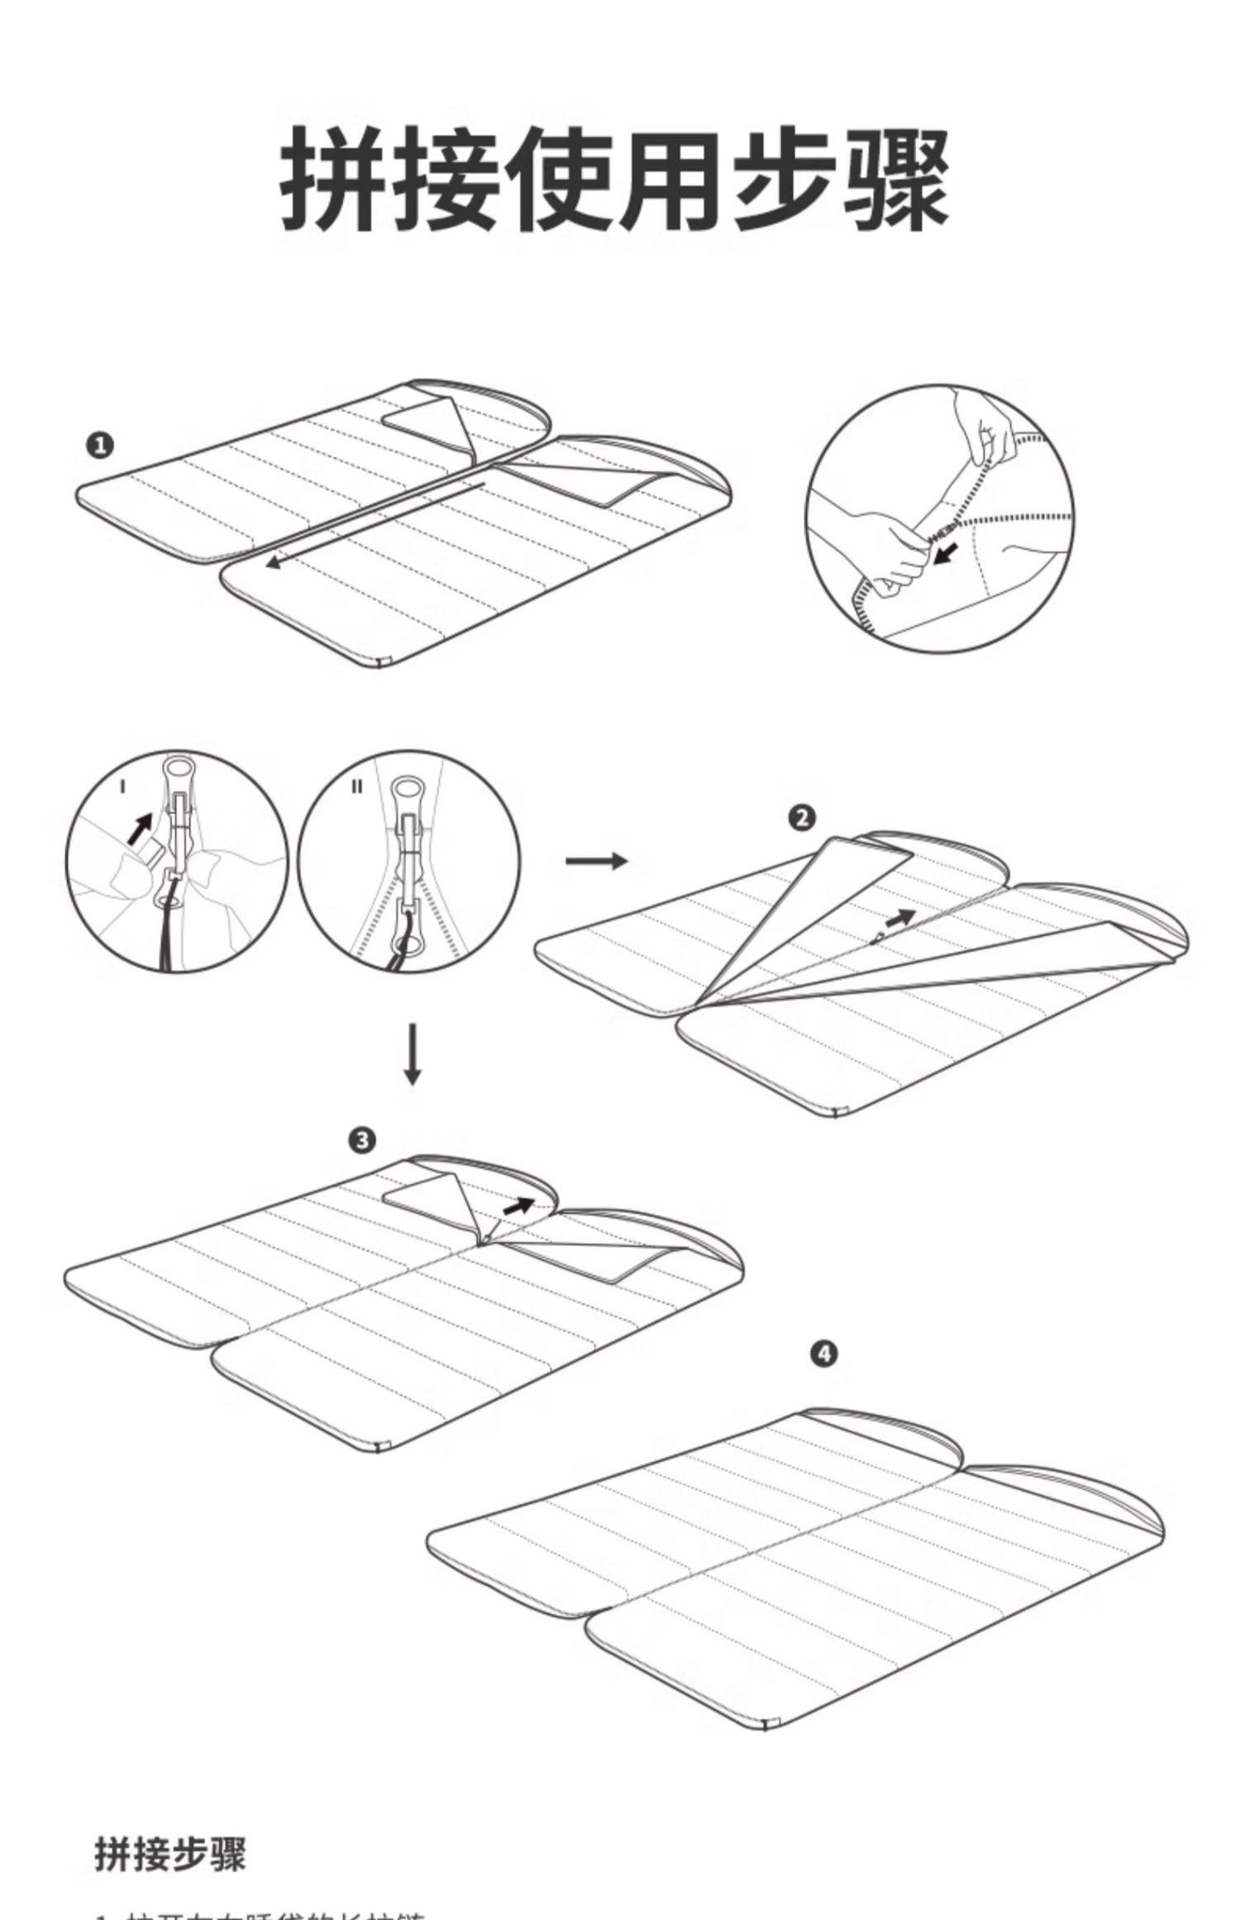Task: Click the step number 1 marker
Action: click(99, 447)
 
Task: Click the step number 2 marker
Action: click(802, 819)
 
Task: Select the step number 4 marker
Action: click(824, 1354)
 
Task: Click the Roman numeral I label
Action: click(122, 786)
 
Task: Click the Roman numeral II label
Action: click(356, 786)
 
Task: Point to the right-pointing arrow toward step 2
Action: click(595, 861)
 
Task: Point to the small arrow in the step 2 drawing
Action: click(900, 916)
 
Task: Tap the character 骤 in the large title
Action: click(897, 178)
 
